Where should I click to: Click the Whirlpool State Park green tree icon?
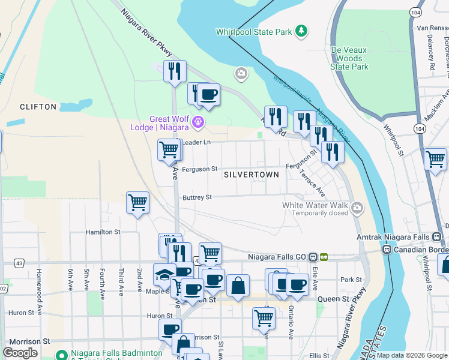click(301, 31)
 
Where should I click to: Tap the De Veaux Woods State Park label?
click(349, 59)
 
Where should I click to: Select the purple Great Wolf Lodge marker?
click(199, 124)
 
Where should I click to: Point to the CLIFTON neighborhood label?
click(38, 107)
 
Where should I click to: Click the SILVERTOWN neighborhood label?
click(251, 175)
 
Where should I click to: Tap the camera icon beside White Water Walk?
click(358, 208)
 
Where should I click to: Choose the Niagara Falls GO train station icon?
click(318, 257)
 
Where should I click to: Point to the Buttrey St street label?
click(197, 197)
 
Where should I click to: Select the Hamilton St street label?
click(103, 232)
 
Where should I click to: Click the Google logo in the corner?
click(20, 353)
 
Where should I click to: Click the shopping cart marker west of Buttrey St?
click(137, 203)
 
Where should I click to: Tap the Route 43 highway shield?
click(19, 263)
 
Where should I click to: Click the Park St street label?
click(347, 280)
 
